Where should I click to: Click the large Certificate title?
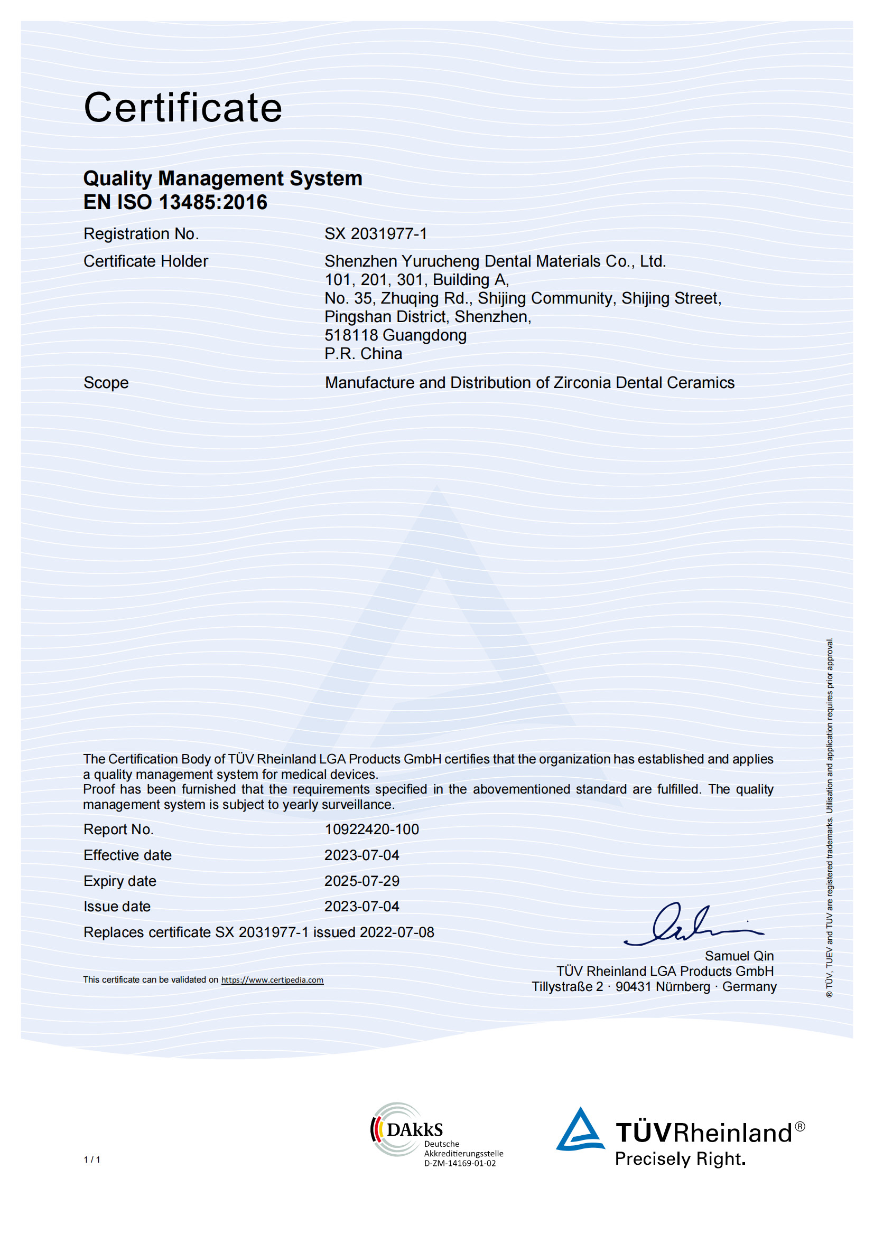(183, 108)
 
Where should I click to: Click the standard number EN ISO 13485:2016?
(175, 202)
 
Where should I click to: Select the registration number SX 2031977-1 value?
(376, 234)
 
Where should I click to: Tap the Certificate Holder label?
(145, 261)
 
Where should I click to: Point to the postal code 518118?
(351, 335)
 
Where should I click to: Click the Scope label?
(106, 382)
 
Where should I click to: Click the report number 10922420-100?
(371, 829)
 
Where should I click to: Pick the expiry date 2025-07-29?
(361, 881)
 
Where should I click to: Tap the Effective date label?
(127, 855)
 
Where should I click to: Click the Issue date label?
(117, 907)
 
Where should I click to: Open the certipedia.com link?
(272, 980)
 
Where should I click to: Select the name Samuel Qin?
(739, 956)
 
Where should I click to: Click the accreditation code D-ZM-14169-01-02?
(460, 1164)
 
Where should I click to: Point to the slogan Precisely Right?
(680, 1158)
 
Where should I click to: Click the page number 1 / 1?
(92, 1159)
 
